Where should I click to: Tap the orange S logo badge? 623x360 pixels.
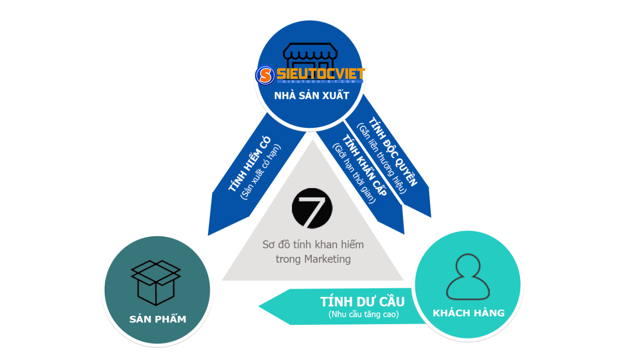point(265,75)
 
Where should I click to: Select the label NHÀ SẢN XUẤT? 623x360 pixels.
point(311,96)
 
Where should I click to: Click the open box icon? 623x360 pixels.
point(156,283)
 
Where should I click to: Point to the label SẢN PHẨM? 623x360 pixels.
point(158,319)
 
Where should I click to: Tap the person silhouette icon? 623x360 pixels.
point(468,277)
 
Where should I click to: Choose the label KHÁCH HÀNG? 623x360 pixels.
point(469,313)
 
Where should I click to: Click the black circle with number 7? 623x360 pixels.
point(312,208)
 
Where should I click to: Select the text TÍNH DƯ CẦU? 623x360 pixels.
point(363,301)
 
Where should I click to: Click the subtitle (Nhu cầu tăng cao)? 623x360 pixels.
point(363,315)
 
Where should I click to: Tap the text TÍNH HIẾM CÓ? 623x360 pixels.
point(249,164)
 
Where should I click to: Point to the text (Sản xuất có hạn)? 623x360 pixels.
point(260,171)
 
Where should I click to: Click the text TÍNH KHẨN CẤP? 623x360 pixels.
point(364,165)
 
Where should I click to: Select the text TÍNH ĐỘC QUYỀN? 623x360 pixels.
point(393,152)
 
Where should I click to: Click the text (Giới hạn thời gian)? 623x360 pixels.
point(354,173)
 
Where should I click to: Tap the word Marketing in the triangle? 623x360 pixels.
point(327,259)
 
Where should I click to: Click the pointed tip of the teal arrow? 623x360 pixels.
point(259,306)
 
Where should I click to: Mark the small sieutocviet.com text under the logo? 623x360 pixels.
point(319,81)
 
